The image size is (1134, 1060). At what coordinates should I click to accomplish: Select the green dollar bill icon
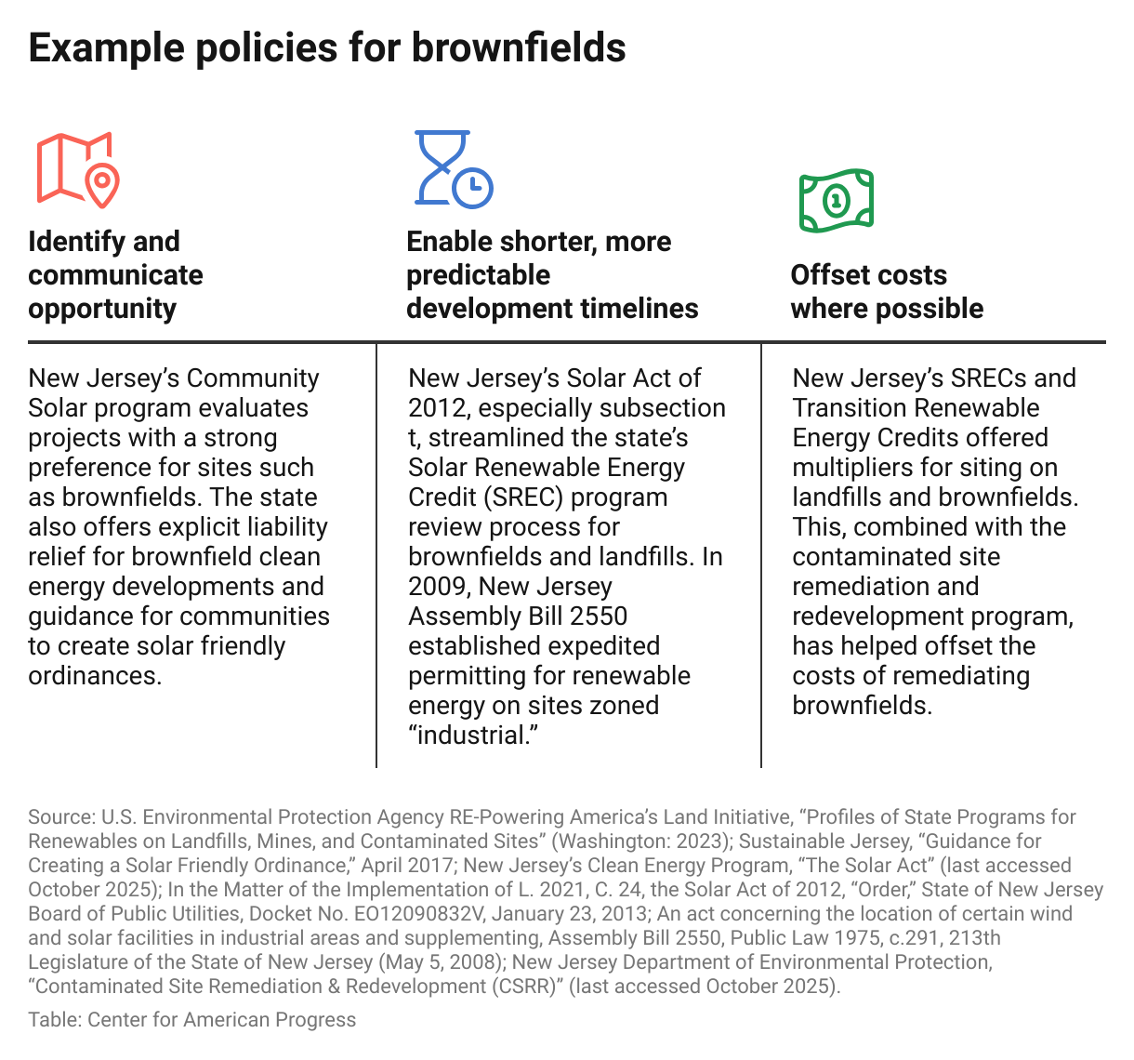tap(837, 200)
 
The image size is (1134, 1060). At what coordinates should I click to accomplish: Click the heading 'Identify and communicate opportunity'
tap(115, 274)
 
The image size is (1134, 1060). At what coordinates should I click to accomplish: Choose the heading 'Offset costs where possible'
tap(887, 291)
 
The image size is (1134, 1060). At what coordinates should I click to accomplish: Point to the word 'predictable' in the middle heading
tap(478, 275)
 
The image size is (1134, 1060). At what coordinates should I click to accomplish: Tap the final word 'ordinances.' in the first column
tap(95, 676)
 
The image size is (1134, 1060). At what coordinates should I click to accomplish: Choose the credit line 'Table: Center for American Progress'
tap(191, 1020)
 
